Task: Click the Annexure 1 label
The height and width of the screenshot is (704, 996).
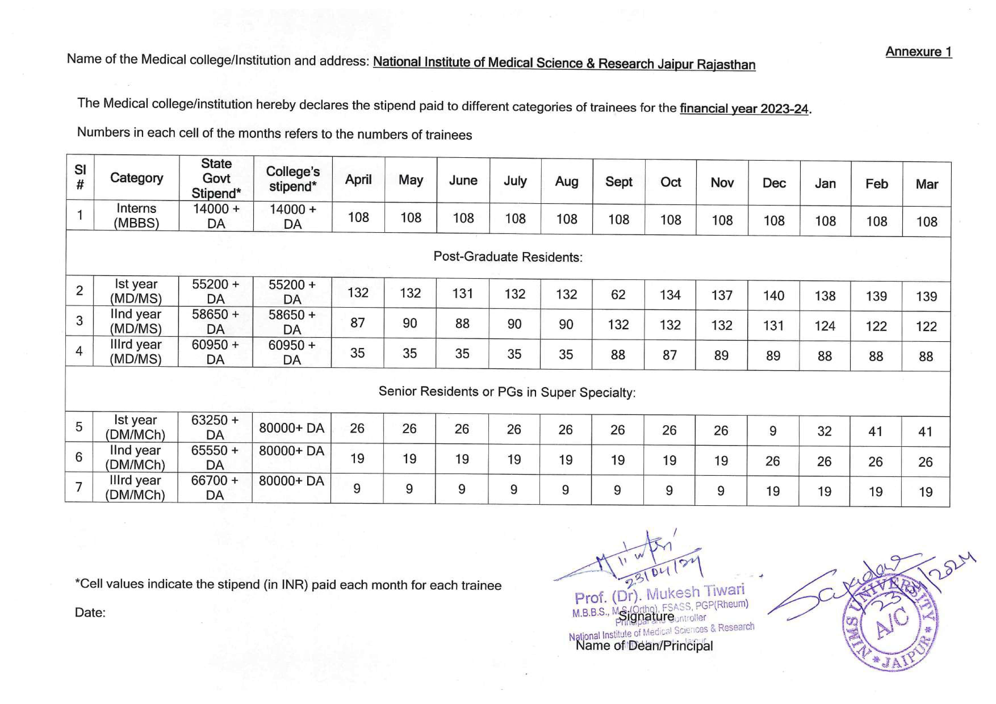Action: (x=918, y=52)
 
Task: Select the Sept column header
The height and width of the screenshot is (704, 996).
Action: (x=619, y=182)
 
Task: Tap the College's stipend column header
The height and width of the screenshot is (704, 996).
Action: (x=293, y=179)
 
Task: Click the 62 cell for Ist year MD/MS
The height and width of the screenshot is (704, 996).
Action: (x=618, y=295)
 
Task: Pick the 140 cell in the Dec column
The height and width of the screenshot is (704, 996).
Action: (x=773, y=296)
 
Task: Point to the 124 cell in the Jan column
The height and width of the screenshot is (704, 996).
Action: (x=824, y=326)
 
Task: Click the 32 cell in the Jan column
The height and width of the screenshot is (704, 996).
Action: (x=824, y=431)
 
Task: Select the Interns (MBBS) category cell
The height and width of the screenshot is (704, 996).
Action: (x=136, y=215)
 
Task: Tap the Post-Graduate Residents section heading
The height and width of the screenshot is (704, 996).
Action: (x=508, y=257)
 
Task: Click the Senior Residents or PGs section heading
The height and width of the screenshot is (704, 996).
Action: (x=507, y=392)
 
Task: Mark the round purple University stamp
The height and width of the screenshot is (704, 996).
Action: (x=890, y=624)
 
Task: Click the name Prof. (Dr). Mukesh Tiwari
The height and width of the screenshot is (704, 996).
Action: (x=659, y=594)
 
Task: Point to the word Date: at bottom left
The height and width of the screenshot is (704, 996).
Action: (x=90, y=613)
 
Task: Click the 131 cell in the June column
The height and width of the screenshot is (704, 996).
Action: (x=463, y=294)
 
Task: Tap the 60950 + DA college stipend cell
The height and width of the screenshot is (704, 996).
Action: (x=292, y=352)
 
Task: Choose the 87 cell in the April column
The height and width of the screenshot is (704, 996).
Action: (x=357, y=323)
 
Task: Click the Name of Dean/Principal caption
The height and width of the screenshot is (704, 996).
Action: (x=644, y=646)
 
